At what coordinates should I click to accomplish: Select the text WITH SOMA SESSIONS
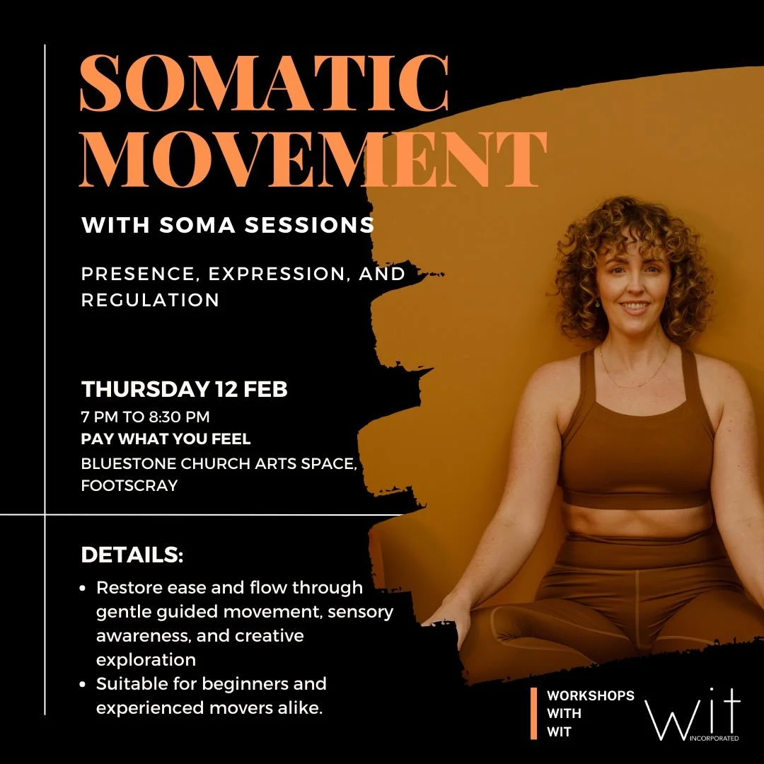[228, 226]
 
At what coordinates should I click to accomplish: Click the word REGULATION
[150, 299]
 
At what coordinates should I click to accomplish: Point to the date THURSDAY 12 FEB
[184, 390]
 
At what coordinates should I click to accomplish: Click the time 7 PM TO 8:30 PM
[145, 417]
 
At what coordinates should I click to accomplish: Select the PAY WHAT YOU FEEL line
[166, 439]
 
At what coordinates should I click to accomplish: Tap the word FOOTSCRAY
[129, 486]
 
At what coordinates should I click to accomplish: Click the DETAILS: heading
[132, 555]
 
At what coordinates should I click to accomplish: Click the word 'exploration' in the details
[146, 660]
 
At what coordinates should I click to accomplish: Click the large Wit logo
[693, 711]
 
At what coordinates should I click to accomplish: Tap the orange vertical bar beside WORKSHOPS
[534, 714]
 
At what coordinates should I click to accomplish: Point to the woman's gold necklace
[635, 379]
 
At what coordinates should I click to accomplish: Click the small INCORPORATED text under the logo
[722, 738]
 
